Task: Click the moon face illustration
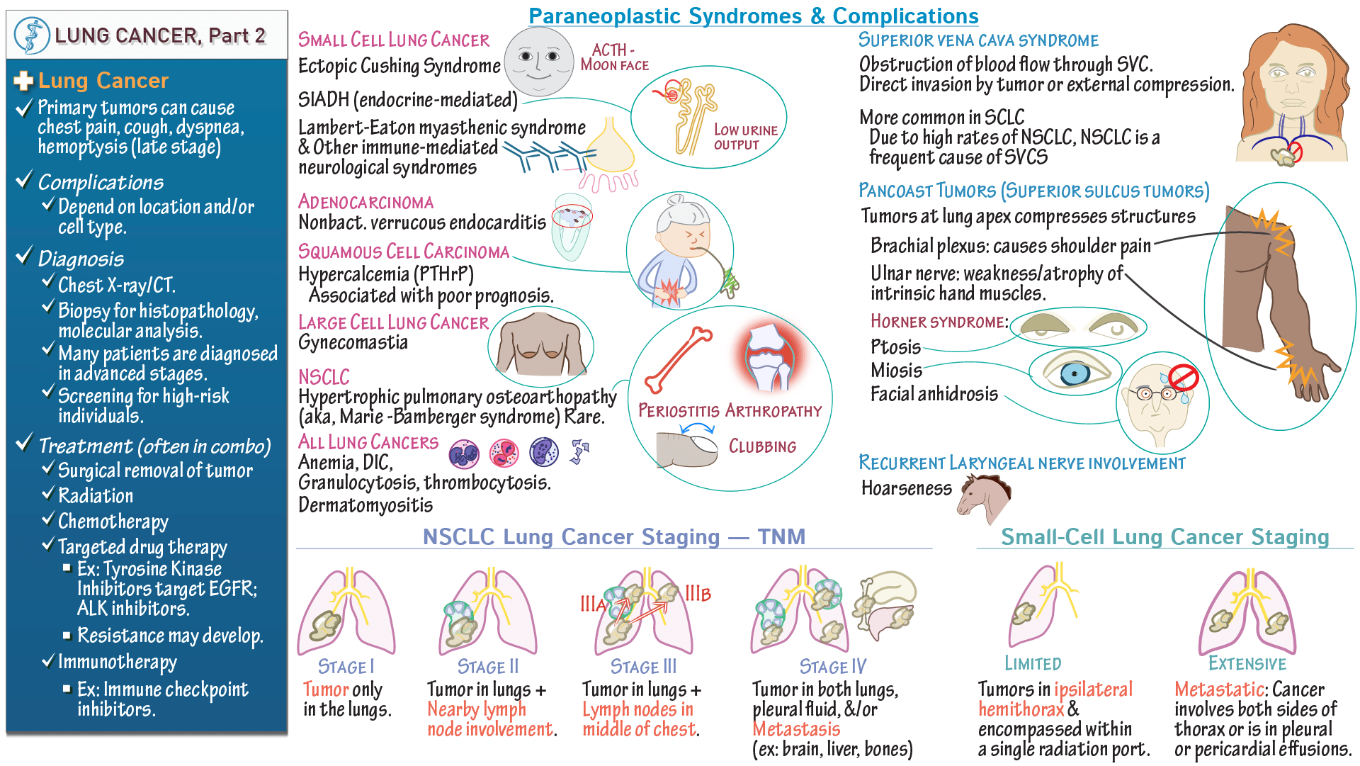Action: tap(538, 62)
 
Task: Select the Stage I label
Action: tap(346, 667)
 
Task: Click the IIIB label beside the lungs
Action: tap(698, 594)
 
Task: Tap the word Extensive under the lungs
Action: tap(1247, 664)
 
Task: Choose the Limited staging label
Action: tap(1033, 664)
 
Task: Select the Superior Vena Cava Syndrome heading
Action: tap(978, 40)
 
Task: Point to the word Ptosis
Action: tap(895, 347)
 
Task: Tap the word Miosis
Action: tap(896, 371)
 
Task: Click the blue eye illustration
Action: tap(1075, 373)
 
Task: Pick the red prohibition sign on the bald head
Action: tap(1183, 378)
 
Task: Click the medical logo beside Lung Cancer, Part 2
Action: tap(32, 35)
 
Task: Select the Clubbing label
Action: tap(762, 446)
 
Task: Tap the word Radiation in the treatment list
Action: tap(96, 496)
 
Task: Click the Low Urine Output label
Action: tap(745, 137)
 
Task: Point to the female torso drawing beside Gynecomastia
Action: tap(540, 346)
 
